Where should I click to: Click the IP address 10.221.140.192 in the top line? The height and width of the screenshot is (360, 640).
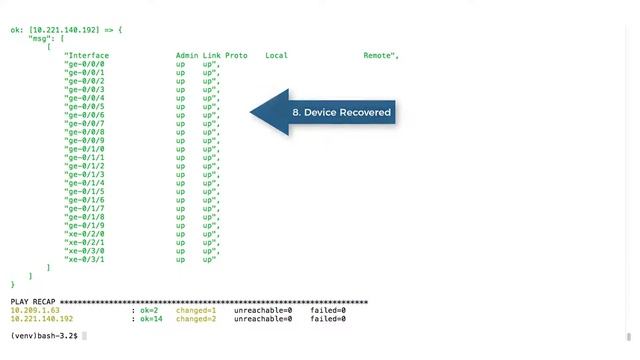pyautogui.click(x=64, y=30)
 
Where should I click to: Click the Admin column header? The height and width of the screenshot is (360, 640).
pyautogui.click(x=186, y=55)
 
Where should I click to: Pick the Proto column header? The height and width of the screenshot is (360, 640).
pyautogui.click(x=236, y=55)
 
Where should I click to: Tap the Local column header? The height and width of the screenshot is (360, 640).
pyautogui.click(x=276, y=55)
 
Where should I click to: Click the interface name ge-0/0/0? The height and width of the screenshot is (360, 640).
pyautogui.click(x=85, y=64)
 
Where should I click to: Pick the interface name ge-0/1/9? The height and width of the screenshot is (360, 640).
pyautogui.click(x=85, y=225)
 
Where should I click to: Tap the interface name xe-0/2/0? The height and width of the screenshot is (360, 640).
pyautogui.click(x=85, y=234)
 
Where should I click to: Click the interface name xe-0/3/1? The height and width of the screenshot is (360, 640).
pyautogui.click(x=85, y=259)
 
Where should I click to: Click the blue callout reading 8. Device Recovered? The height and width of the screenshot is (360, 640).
pyautogui.click(x=340, y=113)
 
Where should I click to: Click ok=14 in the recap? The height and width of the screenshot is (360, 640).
pyautogui.click(x=151, y=319)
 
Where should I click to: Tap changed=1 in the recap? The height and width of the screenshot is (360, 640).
pyautogui.click(x=196, y=310)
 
